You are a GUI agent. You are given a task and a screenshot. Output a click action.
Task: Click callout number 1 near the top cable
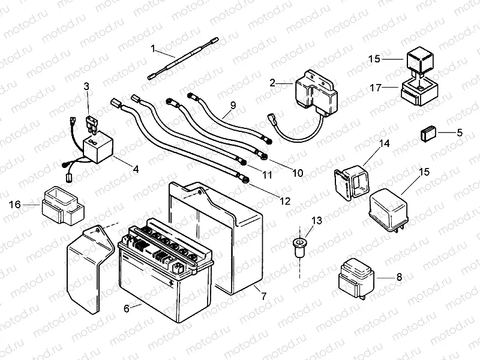click(154, 47)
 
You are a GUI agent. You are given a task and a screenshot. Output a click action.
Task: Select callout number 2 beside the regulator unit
click(272, 83)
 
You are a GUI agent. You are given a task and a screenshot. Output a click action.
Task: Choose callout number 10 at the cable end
click(298, 173)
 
